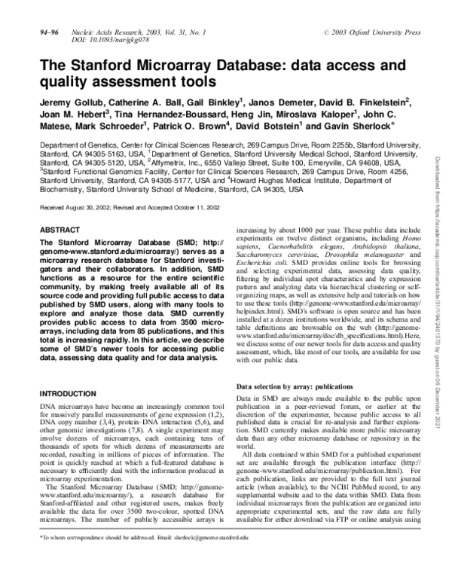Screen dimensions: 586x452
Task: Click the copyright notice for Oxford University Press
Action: [x=371, y=34]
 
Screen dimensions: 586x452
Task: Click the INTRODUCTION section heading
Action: [x=72, y=394]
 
